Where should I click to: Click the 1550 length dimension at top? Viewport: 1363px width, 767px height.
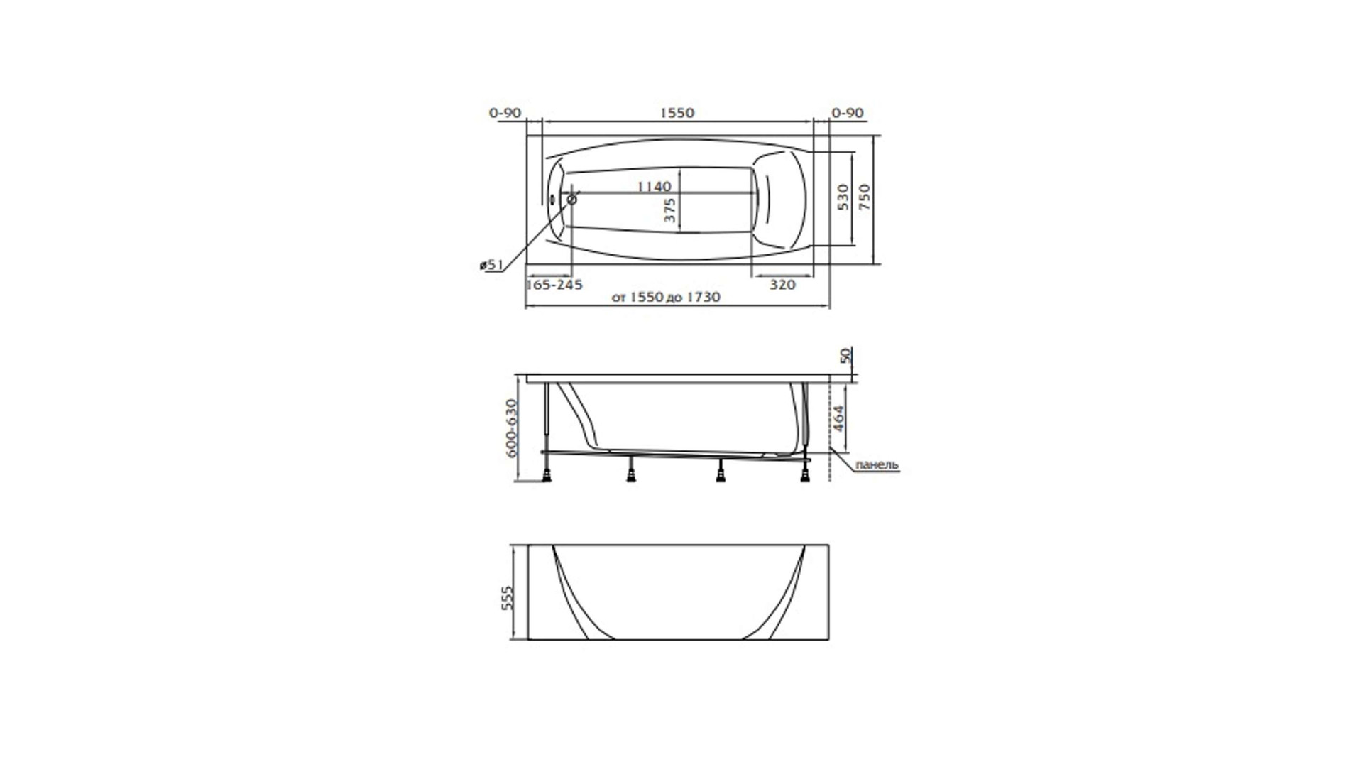pyautogui.click(x=677, y=113)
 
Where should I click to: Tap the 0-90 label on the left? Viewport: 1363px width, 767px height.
pyautogui.click(x=505, y=113)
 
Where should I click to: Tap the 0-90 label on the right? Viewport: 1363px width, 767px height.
pyautogui.click(x=848, y=113)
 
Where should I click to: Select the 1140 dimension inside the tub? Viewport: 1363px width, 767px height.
pyautogui.click(x=654, y=186)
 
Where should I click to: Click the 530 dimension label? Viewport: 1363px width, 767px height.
pyautogui.click(x=843, y=197)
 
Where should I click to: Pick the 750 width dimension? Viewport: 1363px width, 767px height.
pyautogui.click(x=864, y=197)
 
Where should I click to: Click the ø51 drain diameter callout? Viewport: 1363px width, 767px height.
pyautogui.click(x=491, y=265)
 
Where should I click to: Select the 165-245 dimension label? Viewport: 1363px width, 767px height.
pyautogui.click(x=554, y=285)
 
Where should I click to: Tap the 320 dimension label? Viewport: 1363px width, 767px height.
pyautogui.click(x=782, y=285)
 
